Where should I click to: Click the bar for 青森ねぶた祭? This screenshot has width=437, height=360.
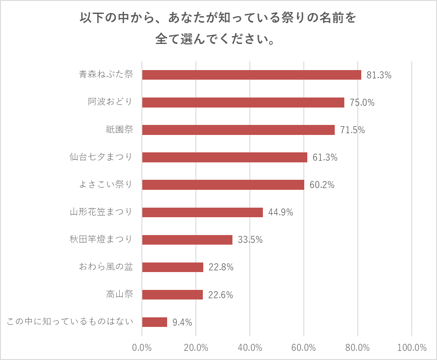[252, 75]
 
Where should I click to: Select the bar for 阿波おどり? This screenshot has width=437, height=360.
[243, 102]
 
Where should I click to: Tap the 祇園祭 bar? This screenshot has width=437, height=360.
[238, 130]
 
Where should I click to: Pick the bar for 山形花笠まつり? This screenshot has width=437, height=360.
[202, 212]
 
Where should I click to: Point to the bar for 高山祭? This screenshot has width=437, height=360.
[172, 295]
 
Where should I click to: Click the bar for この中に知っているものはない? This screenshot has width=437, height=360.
[155, 322]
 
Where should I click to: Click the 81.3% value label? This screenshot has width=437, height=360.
[379, 75]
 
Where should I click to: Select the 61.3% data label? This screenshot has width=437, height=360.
[325, 157]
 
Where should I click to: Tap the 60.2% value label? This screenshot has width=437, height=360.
[322, 185]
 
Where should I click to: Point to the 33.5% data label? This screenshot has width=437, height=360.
[250, 239]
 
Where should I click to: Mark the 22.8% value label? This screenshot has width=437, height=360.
[221, 267]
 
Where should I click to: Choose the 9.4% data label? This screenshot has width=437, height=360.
[182, 322]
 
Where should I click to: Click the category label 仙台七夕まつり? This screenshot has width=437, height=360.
[101, 157]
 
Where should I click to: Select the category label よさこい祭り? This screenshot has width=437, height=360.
[105, 185]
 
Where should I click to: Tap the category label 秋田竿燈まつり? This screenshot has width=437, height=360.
[101, 239]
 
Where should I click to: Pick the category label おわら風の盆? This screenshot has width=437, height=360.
[105, 267]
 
